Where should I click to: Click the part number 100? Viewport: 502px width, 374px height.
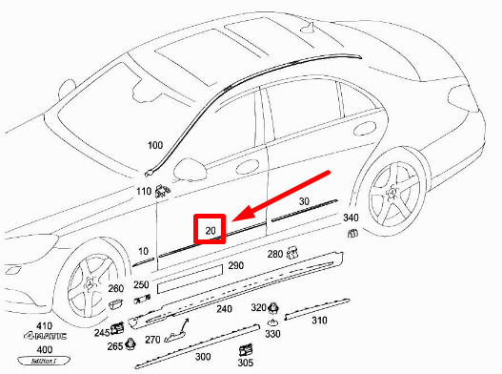154,146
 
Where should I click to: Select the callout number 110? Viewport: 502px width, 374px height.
144,192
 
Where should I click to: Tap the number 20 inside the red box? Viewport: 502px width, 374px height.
211,230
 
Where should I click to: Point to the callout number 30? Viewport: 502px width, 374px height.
305,201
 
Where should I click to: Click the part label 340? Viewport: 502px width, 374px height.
351,218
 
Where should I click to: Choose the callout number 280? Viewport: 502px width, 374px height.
274,255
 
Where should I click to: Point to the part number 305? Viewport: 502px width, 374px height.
245,364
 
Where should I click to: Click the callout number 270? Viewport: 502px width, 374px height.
152,340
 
